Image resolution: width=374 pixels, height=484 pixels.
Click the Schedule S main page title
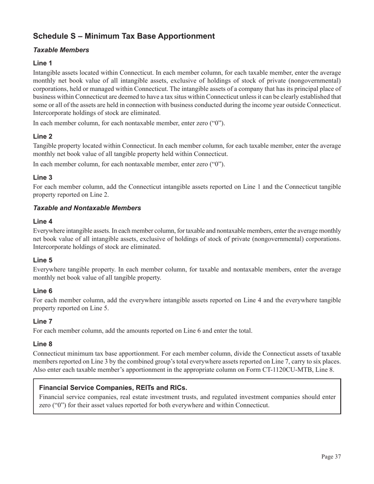124,36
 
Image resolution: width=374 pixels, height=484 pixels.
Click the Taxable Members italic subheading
61,50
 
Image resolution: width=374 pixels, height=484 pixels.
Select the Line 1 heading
43,63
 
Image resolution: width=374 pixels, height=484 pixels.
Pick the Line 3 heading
43,177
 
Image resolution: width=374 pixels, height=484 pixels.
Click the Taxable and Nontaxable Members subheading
87,208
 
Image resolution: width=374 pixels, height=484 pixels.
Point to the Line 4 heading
43,221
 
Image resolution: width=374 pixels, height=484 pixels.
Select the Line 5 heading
43,260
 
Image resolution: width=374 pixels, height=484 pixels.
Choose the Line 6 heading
43,291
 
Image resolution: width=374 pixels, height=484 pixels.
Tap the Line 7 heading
43,321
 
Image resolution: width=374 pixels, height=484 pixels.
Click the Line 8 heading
43,344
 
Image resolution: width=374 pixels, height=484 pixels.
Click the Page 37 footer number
331,456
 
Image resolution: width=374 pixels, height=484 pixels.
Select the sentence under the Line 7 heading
143,331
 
